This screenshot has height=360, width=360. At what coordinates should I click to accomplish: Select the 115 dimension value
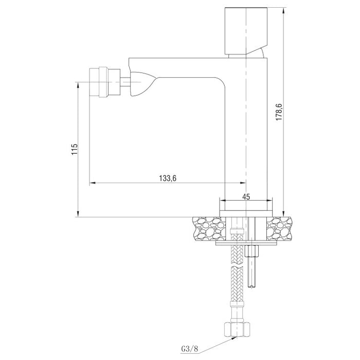(75, 149)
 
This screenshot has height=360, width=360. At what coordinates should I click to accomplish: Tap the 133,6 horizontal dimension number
(168, 178)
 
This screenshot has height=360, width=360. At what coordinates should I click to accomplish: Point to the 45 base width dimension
(246, 196)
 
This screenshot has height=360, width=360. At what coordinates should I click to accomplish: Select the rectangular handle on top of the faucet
(246, 31)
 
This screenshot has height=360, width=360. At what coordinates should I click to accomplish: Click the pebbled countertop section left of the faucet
(208, 228)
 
